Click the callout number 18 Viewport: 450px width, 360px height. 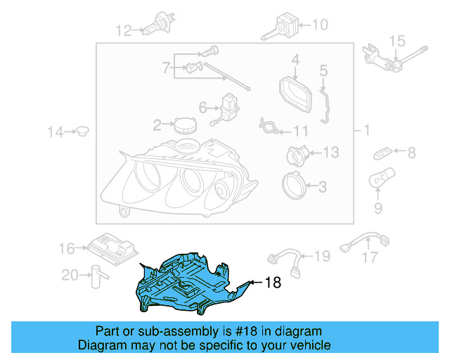pos(273,283)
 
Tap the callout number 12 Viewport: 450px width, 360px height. pos(124,30)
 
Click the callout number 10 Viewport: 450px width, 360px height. pos(319,25)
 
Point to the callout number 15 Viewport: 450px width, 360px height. pos(398,39)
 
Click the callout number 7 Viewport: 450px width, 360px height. pos(166,69)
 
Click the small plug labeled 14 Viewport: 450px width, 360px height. pos(82,131)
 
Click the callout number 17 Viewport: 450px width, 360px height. pos(370,259)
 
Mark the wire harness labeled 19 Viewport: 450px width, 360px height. pos(284,256)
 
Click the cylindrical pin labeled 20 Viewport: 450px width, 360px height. pos(94,276)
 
